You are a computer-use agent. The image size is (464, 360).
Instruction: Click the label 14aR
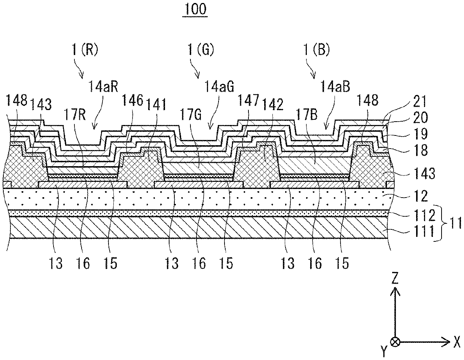point(102,88)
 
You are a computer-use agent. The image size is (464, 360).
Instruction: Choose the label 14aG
point(219,88)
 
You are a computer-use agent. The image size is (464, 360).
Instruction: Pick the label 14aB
point(335,88)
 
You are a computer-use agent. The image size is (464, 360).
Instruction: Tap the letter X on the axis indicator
point(457,341)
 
